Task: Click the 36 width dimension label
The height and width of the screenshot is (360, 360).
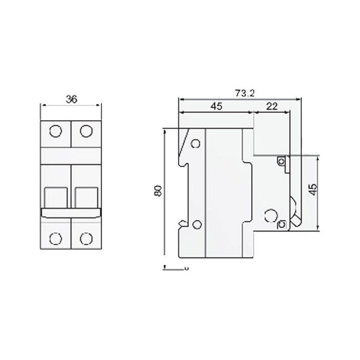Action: [71, 99]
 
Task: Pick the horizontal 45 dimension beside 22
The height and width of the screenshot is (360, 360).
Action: [216, 106]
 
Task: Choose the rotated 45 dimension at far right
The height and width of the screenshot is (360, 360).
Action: [312, 188]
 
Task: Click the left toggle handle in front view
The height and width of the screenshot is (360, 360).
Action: [56, 197]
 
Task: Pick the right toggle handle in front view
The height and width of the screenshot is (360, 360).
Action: [86, 197]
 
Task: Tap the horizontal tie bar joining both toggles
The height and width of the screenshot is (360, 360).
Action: [71, 213]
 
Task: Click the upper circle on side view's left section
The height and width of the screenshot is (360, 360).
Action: [197, 143]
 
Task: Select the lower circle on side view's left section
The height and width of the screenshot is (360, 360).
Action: [197, 225]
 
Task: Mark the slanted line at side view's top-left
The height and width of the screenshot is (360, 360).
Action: [182, 141]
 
